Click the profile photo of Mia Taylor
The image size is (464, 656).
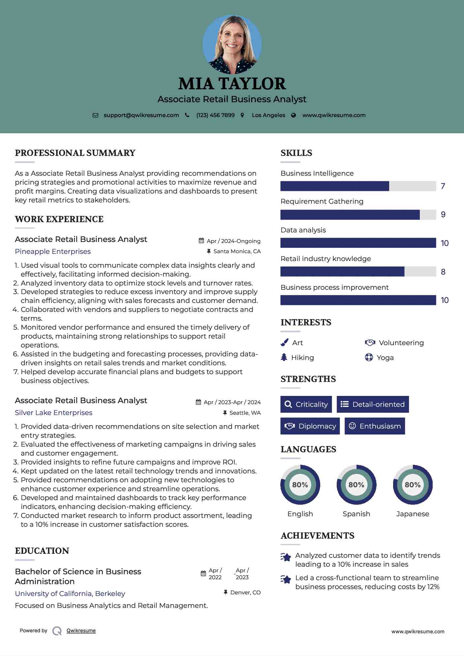[x=232, y=44]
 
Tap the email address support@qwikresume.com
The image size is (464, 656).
[x=141, y=115]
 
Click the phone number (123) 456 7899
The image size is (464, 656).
[x=215, y=115]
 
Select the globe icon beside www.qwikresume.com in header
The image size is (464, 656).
[x=294, y=115]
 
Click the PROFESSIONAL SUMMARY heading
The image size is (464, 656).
[x=75, y=153]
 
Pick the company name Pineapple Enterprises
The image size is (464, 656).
[x=53, y=252]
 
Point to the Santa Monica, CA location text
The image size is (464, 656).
[x=237, y=251]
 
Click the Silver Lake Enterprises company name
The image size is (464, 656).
[x=53, y=413]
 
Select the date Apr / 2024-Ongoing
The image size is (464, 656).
[x=233, y=241]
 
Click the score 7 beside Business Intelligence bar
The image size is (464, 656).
[x=443, y=186]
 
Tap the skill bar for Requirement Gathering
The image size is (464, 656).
[x=358, y=215]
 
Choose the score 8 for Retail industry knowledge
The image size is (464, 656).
[x=443, y=272]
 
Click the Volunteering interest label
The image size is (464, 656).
[x=401, y=343]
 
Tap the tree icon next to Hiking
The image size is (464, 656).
[x=284, y=357]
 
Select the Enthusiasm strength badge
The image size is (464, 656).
[x=375, y=426]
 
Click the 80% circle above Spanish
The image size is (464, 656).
[x=356, y=485]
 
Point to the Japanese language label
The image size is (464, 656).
[x=413, y=514]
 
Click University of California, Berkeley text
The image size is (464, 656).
[x=70, y=594]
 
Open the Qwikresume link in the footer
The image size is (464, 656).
[x=81, y=631]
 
